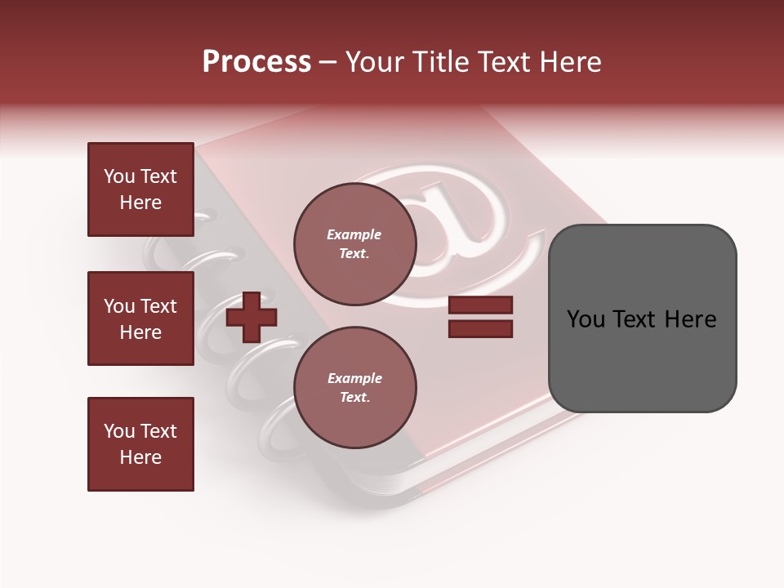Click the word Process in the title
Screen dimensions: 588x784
point(256,62)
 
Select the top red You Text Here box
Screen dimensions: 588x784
point(140,189)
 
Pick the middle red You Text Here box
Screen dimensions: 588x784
point(140,318)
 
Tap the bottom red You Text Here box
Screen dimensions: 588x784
point(140,444)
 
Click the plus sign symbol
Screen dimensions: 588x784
point(252,317)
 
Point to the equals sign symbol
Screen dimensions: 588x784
point(480,317)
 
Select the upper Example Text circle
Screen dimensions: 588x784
point(355,243)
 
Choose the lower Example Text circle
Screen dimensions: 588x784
point(355,387)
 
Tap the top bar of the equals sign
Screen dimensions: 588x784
point(480,305)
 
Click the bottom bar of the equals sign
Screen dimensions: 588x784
point(480,329)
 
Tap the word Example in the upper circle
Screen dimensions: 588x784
point(354,234)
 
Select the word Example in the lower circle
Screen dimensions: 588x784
point(354,378)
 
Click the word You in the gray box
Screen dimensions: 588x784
point(586,319)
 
